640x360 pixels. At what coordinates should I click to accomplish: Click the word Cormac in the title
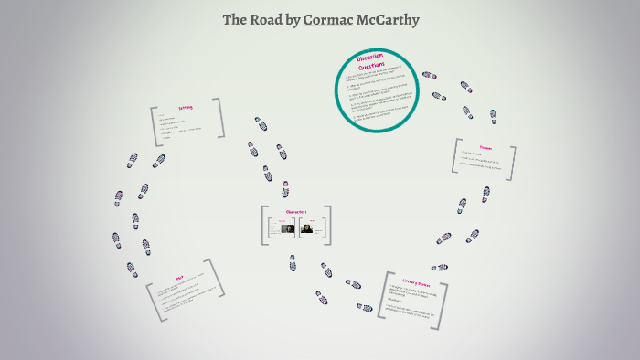(x=327, y=19)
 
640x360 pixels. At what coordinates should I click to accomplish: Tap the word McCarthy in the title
(x=387, y=19)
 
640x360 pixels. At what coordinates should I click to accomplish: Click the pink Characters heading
(x=295, y=212)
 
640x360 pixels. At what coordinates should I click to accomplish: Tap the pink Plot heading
(x=180, y=279)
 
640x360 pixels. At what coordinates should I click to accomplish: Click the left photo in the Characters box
(x=286, y=228)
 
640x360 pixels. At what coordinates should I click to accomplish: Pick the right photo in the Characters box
(x=307, y=228)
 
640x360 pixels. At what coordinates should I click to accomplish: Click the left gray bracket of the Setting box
(x=155, y=127)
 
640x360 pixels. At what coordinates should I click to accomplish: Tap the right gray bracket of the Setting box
(x=220, y=117)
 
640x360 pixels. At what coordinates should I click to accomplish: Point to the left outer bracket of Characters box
(x=264, y=226)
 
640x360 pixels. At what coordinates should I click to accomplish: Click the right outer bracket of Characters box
(x=327, y=226)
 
